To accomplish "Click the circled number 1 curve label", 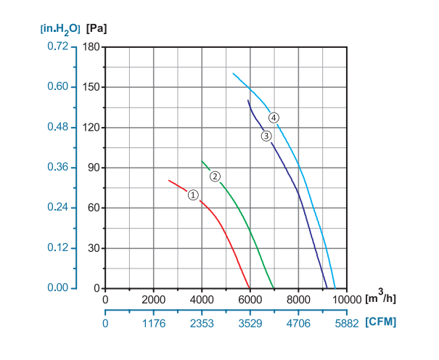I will (193, 195).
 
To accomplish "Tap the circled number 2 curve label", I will (215, 176).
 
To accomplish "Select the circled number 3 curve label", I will (266, 136).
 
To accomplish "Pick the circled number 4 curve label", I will (274, 118).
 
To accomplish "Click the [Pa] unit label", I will (96, 29).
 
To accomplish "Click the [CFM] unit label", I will (381, 321).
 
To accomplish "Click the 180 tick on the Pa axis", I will (91, 46).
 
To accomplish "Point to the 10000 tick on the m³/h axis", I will (346, 298).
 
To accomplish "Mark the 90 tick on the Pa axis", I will (94, 168).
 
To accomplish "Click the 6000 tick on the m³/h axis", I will (250, 298).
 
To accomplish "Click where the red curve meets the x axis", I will (250, 288).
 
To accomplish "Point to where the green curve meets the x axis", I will (274, 288).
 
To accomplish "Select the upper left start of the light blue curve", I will (233, 73).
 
